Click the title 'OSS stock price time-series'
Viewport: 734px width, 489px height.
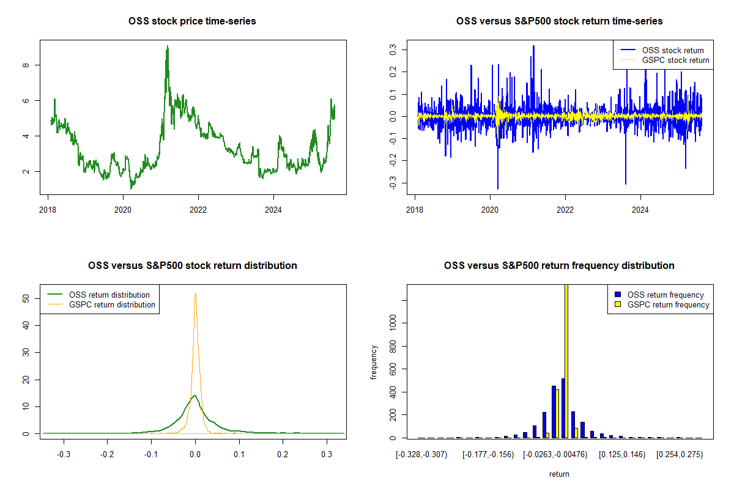(x=192, y=21)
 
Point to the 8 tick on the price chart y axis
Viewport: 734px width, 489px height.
(x=25, y=65)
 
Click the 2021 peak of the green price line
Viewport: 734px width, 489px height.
(x=167, y=46)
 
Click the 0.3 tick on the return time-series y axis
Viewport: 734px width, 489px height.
(x=392, y=49)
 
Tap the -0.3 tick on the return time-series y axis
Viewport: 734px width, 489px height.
(x=392, y=182)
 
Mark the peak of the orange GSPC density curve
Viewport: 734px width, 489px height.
(x=195, y=294)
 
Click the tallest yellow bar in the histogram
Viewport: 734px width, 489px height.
(x=566, y=361)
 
